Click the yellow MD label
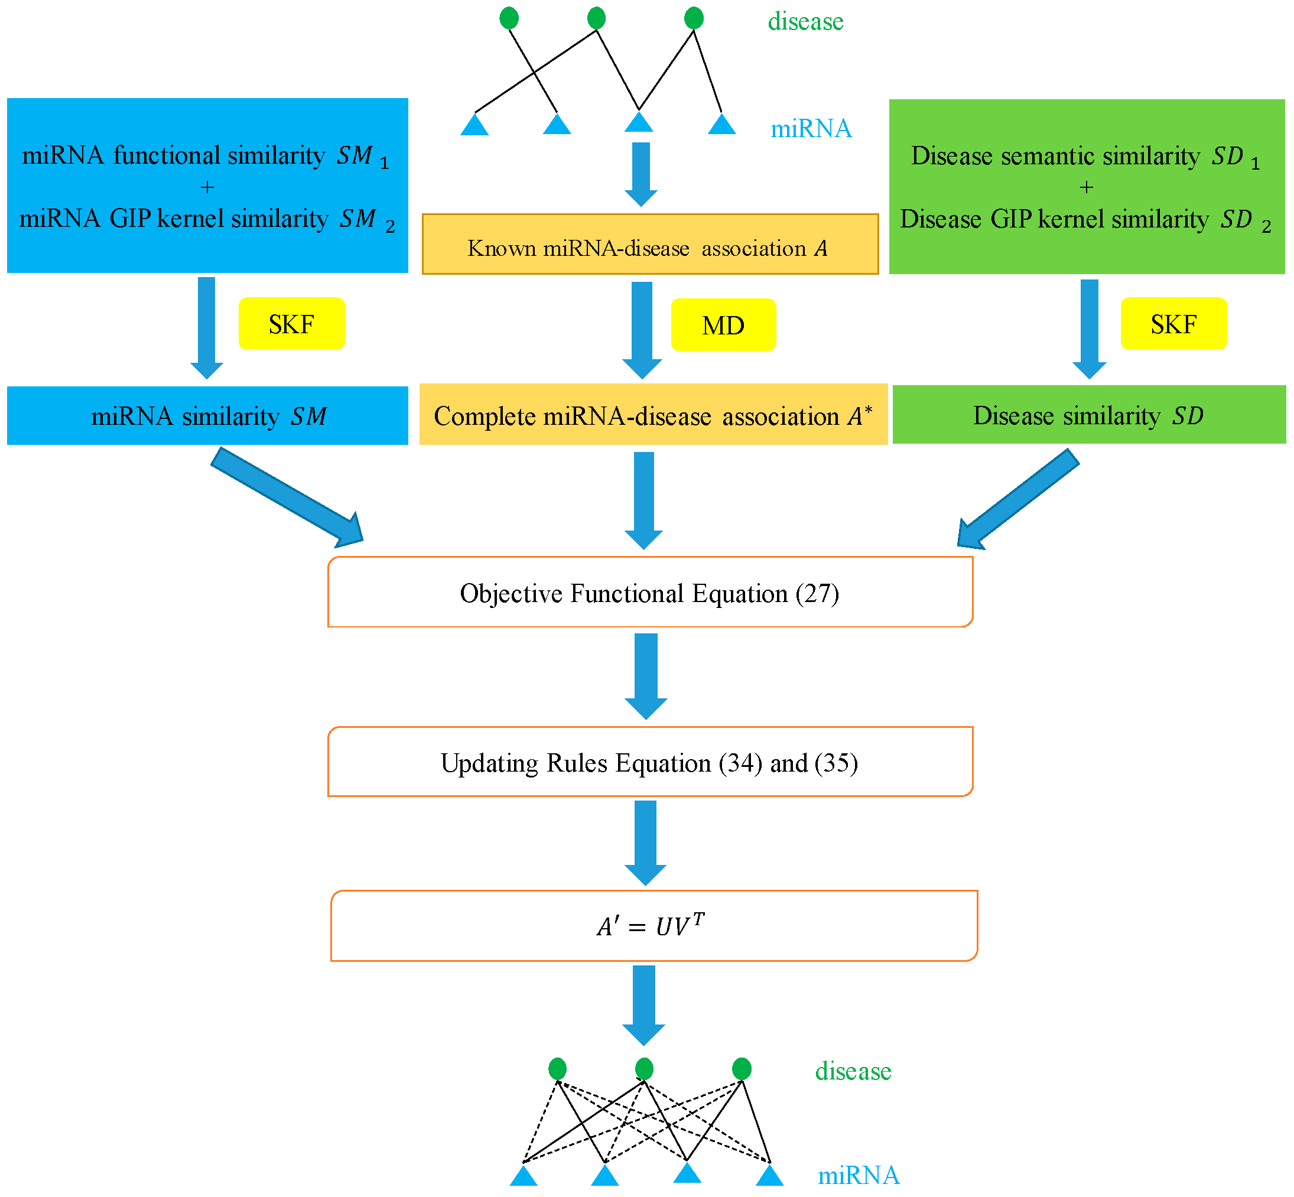[723, 324]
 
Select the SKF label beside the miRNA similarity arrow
[291, 323]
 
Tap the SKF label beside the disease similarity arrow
[1173, 323]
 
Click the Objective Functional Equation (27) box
[649, 592]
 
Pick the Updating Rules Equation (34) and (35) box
[649, 762]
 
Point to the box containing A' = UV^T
[653, 926]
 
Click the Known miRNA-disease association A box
[649, 244]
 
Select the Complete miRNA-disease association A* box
[653, 415]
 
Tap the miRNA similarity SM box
[207, 415]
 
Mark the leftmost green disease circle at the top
[509, 18]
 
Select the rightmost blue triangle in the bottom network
[769, 1176]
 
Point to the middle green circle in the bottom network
[644, 1069]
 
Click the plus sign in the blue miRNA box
[207, 187]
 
